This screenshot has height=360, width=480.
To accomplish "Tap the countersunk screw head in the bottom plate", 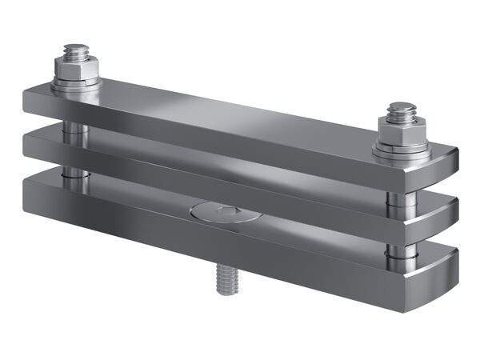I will (224, 212).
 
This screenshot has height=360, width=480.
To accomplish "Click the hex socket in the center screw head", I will (226, 211).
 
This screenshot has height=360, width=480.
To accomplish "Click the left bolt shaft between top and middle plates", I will (74, 127).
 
